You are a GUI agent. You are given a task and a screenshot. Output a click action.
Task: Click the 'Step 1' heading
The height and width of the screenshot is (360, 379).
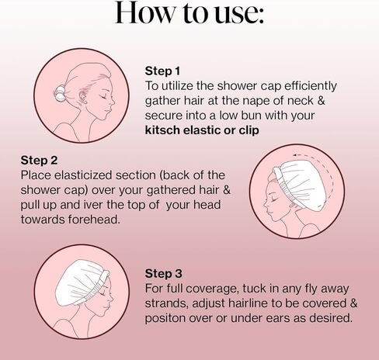(x=162, y=71)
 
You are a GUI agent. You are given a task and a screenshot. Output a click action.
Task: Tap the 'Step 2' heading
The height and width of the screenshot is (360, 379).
(x=39, y=160)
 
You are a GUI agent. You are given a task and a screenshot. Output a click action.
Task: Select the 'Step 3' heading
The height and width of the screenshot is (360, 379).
(x=163, y=273)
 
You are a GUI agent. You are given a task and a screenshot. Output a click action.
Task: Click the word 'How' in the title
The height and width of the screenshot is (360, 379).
(x=144, y=12)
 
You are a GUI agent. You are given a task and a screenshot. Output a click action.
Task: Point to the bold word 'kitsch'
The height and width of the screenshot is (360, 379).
(x=162, y=130)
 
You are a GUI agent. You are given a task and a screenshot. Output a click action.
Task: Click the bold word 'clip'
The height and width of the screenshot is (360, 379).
(x=249, y=130)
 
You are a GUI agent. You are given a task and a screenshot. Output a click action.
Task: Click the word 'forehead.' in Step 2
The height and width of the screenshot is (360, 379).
(x=94, y=220)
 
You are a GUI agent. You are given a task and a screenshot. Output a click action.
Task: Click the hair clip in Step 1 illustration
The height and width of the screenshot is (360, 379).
(x=60, y=94)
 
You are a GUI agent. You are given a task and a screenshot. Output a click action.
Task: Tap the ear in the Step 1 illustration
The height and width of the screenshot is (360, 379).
(x=83, y=97)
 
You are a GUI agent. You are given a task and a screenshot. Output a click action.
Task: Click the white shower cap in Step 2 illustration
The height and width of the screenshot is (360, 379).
(x=301, y=183)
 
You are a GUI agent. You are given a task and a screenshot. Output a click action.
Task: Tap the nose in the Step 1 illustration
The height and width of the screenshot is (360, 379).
(x=113, y=102)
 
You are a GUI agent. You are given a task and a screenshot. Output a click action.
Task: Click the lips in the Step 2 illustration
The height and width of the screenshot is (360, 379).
(x=267, y=214)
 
